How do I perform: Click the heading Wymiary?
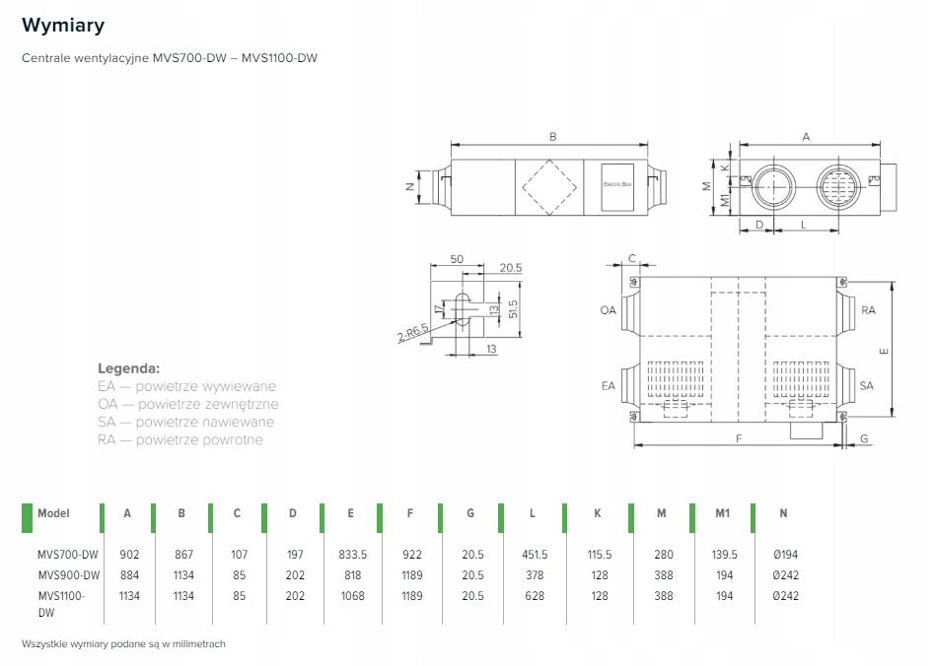click(x=63, y=25)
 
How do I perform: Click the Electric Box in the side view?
click(x=616, y=184)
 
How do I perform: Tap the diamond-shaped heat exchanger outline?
click(x=549, y=184)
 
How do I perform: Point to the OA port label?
click(x=608, y=310)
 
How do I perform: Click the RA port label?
click(x=868, y=309)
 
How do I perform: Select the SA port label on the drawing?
click(x=866, y=385)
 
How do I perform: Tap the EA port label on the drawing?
click(x=608, y=385)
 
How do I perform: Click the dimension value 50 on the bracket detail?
click(x=456, y=259)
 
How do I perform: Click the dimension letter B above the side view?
click(x=552, y=137)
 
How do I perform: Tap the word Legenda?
click(x=128, y=367)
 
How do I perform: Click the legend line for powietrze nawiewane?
click(x=186, y=422)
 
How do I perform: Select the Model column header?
click(x=53, y=513)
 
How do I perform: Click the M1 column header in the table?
click(x=723, y=513)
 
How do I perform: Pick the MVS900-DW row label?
click(x=69, y=575)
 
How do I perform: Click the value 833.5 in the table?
click(x=352, y=555)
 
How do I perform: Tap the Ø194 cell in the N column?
click(x=785, y=555)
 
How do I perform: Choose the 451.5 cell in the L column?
click(x=534, y=555)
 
